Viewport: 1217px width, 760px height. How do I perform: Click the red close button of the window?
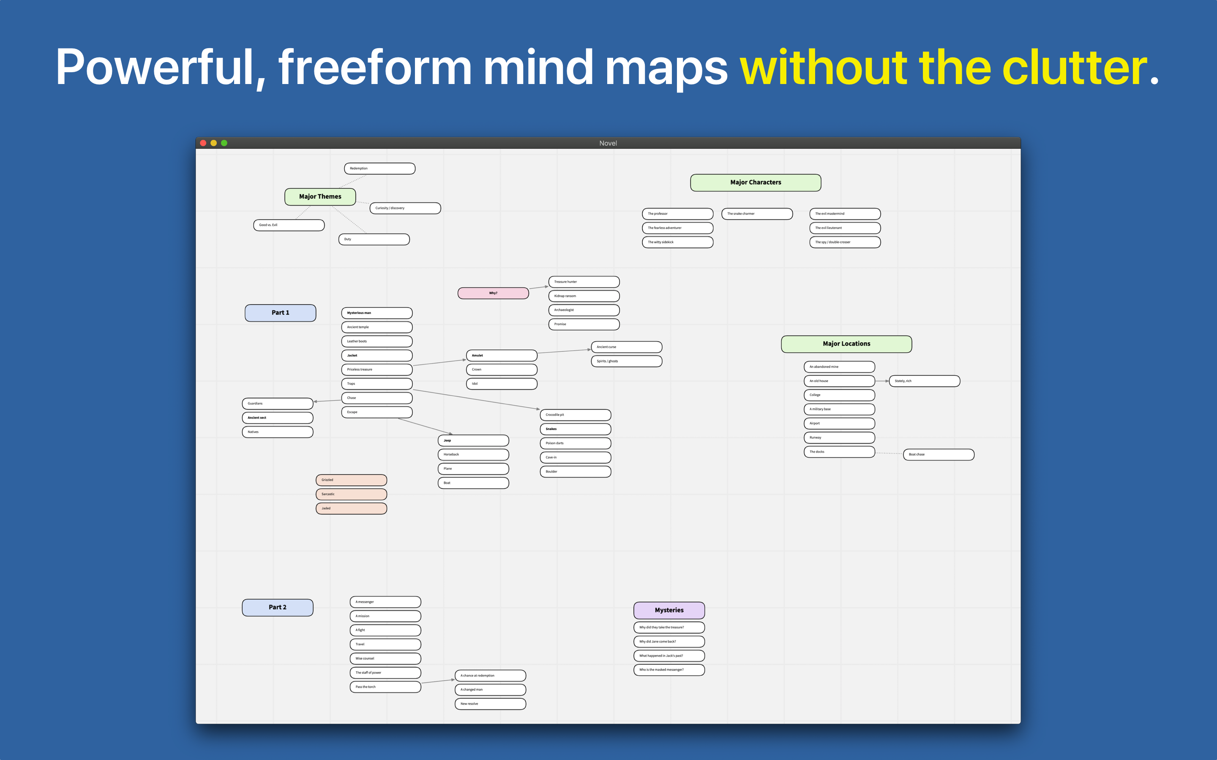point(203,143)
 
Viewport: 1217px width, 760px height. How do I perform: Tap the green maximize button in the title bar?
point(224,143)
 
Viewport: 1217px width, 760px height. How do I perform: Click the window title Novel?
point(608,143)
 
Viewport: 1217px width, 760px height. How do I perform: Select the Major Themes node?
point(320,196)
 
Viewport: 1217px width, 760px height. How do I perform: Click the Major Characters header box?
point(756,182)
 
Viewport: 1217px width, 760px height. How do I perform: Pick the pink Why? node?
point(493,293)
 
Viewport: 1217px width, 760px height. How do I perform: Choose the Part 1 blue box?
point(281,312)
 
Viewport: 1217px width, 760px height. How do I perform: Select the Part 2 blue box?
point(278,607)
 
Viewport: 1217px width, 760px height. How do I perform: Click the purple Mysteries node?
point(669,610)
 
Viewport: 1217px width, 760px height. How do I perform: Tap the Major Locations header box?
point(846,344)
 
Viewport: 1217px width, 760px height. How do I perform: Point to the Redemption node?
point(380,168)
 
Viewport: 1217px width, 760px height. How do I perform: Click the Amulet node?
point(502,356)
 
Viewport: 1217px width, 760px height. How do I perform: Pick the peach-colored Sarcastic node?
point(352,494)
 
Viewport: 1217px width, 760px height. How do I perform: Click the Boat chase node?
point(939,454)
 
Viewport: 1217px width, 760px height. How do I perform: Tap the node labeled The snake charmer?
point(757,214)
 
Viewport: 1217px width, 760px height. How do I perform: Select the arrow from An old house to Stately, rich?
point(882,381)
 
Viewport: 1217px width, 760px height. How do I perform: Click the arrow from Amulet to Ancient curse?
point(564,351)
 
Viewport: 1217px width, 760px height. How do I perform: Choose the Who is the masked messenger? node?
point(669,670)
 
